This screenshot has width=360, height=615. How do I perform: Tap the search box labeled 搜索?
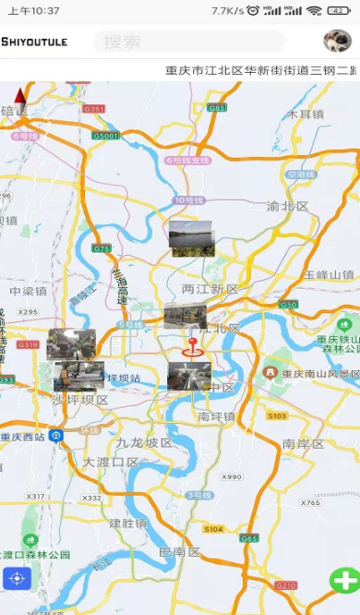[189, 42]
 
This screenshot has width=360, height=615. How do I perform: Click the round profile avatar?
[337, 41]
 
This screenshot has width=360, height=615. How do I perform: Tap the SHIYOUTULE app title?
[34, 42]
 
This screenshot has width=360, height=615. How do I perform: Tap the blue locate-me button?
[17, 579]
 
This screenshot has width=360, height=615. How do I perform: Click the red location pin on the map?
[193, 347]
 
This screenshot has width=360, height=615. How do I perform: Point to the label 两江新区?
[210, 289]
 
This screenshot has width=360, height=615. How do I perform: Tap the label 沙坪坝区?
[79, 400]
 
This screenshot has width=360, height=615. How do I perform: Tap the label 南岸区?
[303, 443]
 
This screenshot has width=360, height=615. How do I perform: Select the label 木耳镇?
[305, 115]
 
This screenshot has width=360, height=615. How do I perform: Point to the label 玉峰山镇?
[329, 274]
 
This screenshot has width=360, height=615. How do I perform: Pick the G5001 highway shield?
[105, 136]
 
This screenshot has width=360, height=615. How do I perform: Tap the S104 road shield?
[213, 529]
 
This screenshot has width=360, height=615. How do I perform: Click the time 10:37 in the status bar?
[34, 11]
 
